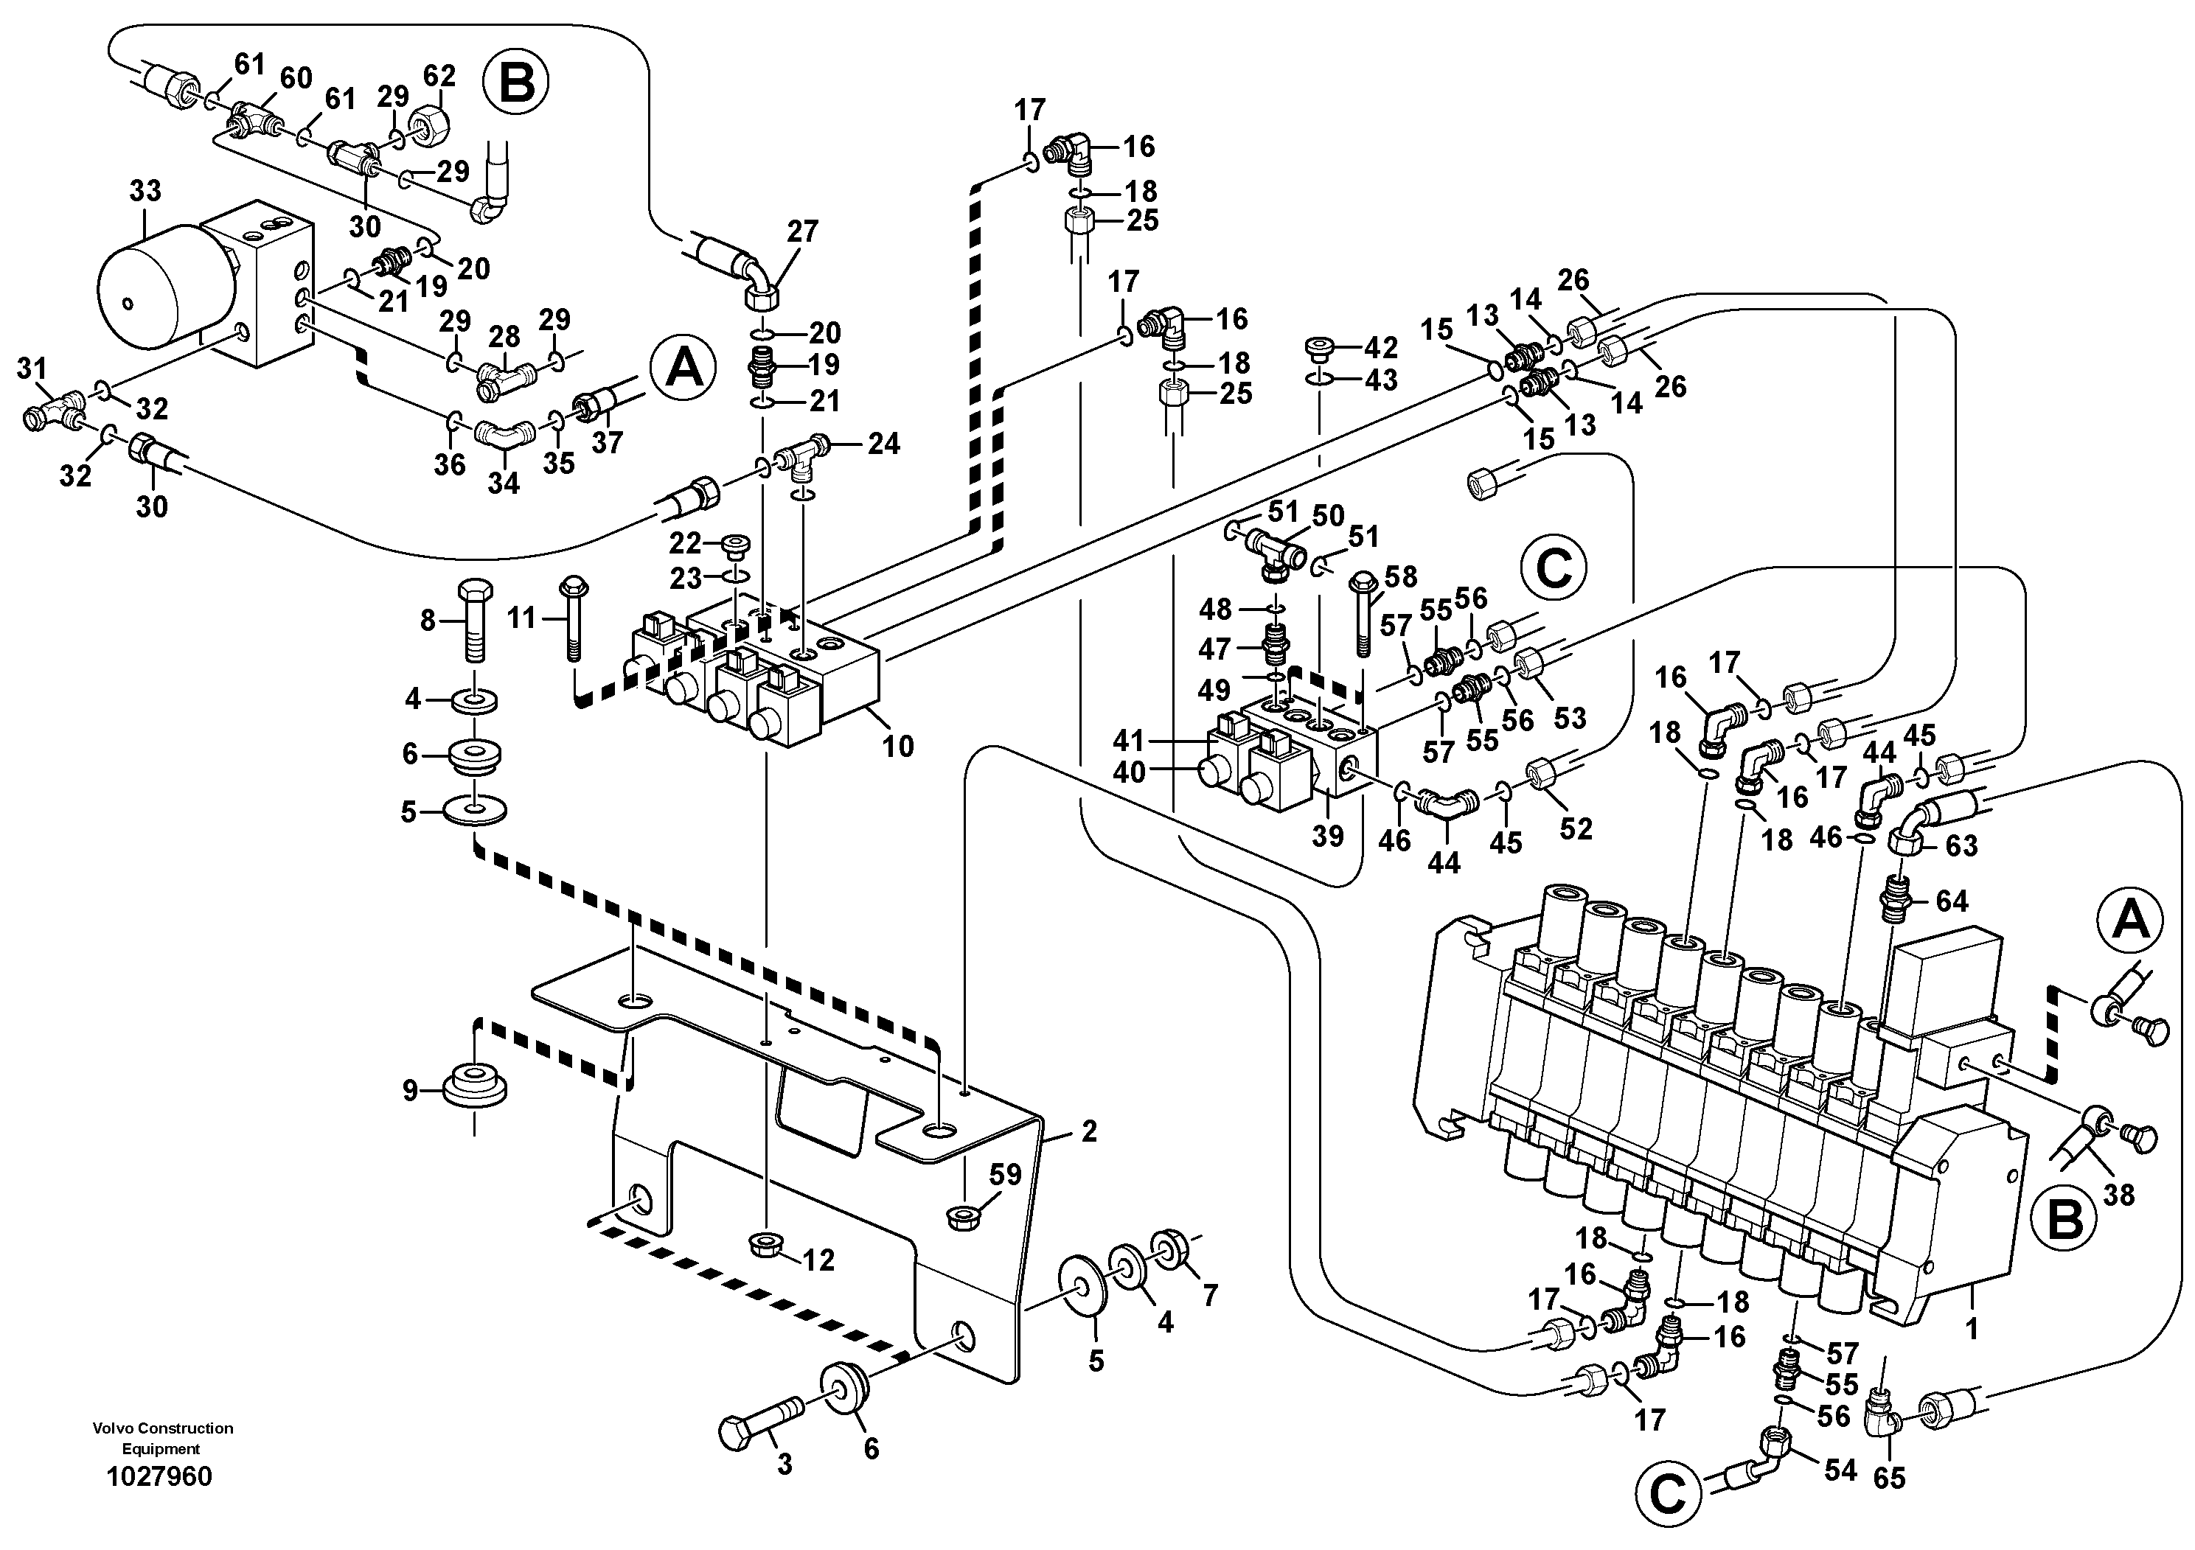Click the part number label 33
pos(145,191)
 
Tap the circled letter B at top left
pos(516,83)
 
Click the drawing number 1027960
pos(160,1477)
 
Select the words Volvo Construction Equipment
pos(161,1437)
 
